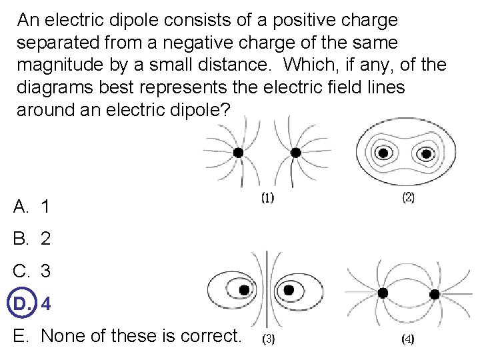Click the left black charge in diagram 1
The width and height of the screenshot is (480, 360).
pos(238,153)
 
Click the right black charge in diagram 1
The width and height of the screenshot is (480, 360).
pos(296,153)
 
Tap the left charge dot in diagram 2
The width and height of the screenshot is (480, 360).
pos(383,153)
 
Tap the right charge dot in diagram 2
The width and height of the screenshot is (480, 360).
pos(425,153)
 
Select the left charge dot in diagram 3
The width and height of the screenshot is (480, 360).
pos(245,290)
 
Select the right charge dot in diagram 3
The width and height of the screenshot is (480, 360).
pos(289,290)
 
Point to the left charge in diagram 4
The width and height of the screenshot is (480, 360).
pos(383,293)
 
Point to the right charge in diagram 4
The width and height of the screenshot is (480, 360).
pos(435,293)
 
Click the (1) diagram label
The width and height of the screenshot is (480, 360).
pos(267,197)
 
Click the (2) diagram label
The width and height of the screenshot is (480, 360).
pos(408,197)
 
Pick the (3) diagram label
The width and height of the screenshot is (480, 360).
pos(267,339)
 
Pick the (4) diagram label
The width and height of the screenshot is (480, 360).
pos(408,339)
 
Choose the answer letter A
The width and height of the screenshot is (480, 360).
pos(21,207)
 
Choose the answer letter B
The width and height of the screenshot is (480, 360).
pos(21,239)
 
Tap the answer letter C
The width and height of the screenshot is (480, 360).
pos(21,271)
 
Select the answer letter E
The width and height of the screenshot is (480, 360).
pos(20,336)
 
